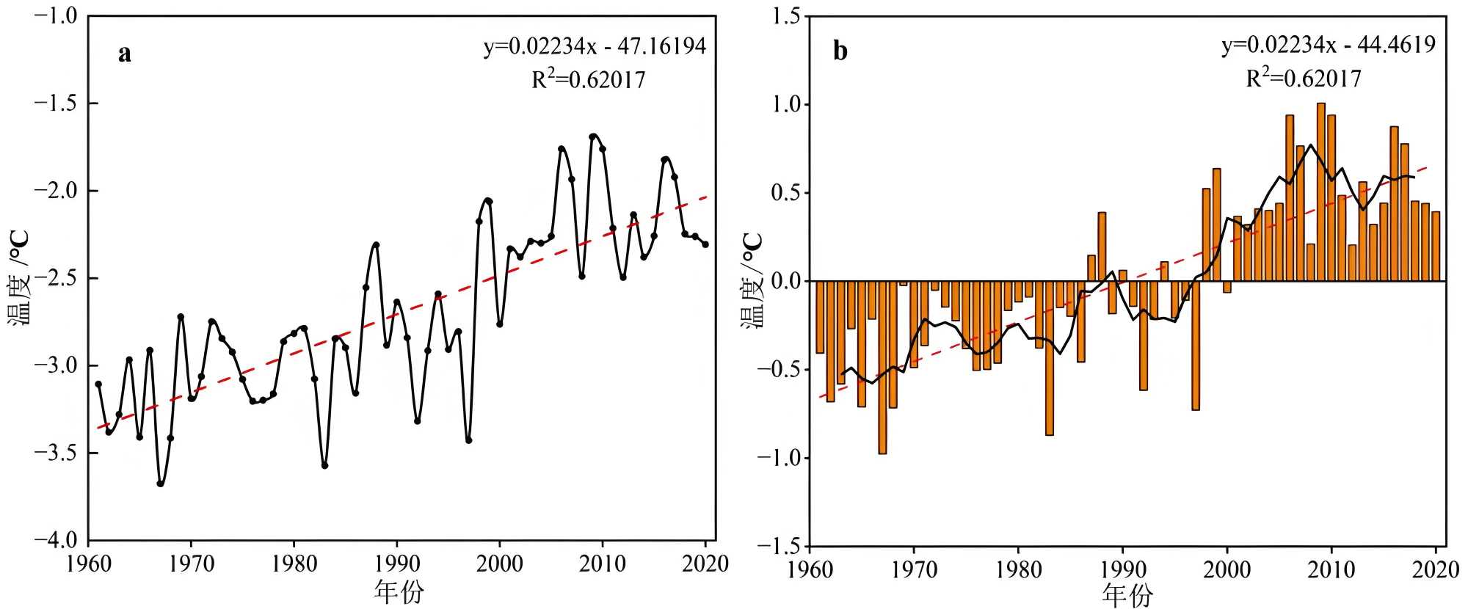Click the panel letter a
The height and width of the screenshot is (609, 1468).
125,54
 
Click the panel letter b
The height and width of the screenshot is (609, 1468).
840,51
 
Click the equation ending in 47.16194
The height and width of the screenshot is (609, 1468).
595,47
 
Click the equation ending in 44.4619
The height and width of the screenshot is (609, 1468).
1329,45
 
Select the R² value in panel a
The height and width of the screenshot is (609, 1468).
589,79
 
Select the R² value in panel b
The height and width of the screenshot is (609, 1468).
1304,77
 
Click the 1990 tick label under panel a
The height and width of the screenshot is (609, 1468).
397,564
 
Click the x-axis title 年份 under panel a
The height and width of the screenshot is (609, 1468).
399,591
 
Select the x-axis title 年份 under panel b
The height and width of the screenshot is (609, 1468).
1127,595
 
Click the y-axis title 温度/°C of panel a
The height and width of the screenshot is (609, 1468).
19,278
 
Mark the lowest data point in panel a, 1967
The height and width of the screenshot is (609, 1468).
160,484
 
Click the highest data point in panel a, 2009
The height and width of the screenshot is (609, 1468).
592,136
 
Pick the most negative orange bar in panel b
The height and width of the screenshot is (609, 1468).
882,367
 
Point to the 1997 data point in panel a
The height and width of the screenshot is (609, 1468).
468,440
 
